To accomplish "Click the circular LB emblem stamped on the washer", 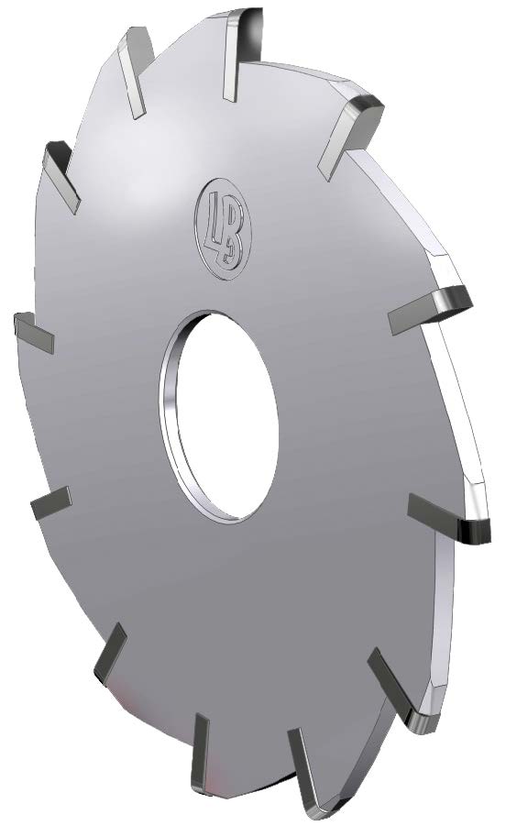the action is (224, 227).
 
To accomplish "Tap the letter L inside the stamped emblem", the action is (214, 221).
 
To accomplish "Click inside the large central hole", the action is (226, 416).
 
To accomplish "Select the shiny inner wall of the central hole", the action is (169, 416).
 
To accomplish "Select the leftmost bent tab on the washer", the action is (34, 333).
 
